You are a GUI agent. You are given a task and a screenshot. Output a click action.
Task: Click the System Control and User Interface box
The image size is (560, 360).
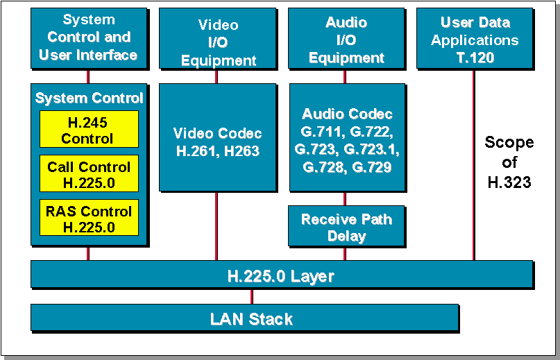coord(88,38)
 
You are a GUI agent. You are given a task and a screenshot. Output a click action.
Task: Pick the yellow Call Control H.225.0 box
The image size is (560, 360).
coord(88,174)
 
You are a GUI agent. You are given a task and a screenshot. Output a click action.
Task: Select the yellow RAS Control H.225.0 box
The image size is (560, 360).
coord(88,218)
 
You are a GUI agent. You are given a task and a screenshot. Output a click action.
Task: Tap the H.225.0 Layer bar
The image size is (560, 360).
coord(281,275)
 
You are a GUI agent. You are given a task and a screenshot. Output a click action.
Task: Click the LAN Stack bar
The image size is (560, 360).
coord(244,318)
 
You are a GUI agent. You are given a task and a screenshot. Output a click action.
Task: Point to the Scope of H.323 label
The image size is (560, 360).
coord(509,162)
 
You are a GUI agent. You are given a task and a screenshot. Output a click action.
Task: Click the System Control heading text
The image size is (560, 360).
coord(89,98)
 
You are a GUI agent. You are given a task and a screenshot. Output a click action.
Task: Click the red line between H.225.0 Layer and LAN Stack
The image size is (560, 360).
coord(252,296)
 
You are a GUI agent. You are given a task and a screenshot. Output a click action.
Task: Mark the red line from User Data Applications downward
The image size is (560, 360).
coord(475,166)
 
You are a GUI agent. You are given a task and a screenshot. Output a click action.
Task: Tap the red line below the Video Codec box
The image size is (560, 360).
coord(216,225)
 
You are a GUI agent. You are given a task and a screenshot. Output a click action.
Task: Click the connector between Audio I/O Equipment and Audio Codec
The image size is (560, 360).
coord(345,76)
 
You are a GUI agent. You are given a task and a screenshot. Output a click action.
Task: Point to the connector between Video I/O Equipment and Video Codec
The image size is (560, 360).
coord(216,76)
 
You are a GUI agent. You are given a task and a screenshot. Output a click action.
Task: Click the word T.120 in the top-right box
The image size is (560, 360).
coord(475,57)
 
